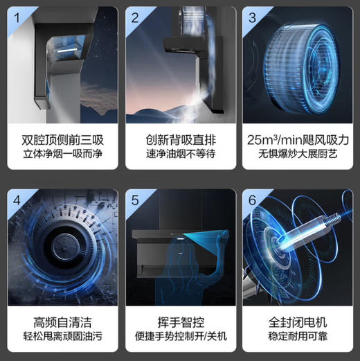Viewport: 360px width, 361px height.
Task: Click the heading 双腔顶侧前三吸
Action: point(61,139)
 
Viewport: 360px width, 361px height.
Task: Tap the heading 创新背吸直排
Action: point(179,139)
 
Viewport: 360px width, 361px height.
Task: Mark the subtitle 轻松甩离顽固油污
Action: point(61,339)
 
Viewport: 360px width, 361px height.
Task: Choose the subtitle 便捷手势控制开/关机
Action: point(179,339)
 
